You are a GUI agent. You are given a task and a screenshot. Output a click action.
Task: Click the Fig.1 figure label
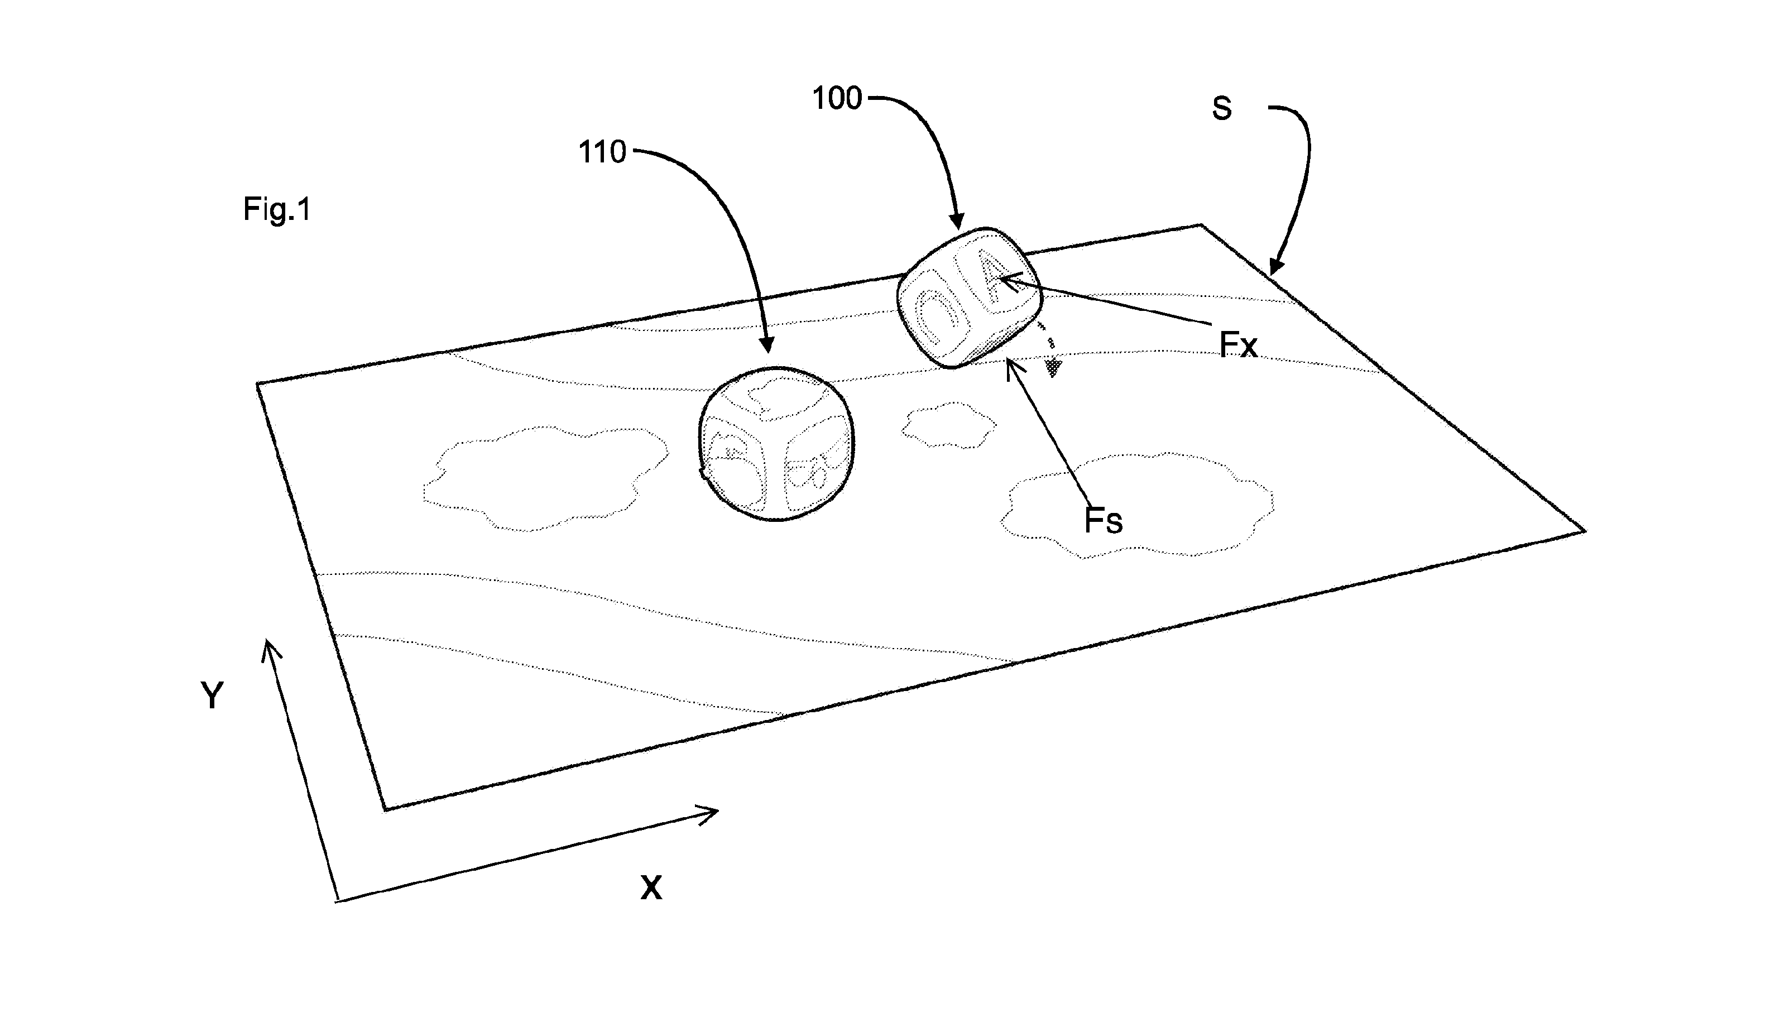coord(276,209)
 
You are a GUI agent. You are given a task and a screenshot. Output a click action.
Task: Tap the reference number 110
coord(602,152)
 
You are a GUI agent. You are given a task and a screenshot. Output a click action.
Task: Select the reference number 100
coord(837,98)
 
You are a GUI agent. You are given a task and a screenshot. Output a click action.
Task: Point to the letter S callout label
coord(1222,109)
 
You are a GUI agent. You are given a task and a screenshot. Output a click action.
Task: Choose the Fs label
coord(1104,521)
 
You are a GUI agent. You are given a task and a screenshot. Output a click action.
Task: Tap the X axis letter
coord(651,888)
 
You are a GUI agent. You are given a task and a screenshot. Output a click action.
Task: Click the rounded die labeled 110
coord(776,444)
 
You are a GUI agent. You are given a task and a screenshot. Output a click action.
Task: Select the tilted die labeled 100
coord(969,298)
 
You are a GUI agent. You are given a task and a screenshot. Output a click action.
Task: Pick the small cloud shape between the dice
coord(948,425)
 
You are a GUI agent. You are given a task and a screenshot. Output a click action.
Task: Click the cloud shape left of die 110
coord(545,477)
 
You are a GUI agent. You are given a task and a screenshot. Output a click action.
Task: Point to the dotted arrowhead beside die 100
coord(1052,368)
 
